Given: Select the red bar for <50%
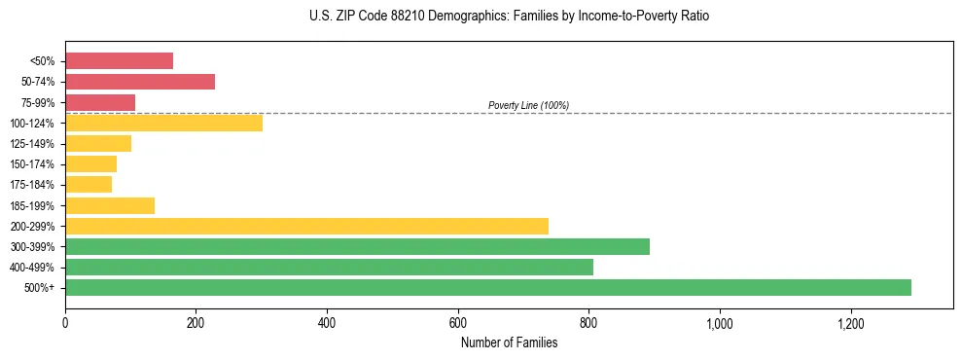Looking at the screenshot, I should tap(119, 60).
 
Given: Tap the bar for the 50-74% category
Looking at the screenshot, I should tap(140, 82).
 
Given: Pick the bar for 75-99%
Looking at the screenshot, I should tap(100, 102).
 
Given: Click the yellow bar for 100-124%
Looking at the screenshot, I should tap(163, 123).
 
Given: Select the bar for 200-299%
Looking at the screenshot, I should tap(306, 226).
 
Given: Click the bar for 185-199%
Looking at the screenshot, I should tap(110, 205).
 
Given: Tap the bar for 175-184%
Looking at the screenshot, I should tap(89, 184).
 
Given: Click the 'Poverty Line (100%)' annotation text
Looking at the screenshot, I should tap(528, 105).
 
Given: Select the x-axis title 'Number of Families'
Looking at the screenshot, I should tap(509, 342).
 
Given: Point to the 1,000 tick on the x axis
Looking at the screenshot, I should tap(720, 322).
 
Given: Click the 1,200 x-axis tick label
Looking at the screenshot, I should tap(851, 322).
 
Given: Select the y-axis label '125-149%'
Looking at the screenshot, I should tap(32, 144).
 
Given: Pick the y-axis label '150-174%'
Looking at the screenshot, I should tap(32, 164).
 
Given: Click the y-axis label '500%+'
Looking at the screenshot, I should tap(40, 288).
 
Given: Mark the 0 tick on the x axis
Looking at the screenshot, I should tap(65, 322).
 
